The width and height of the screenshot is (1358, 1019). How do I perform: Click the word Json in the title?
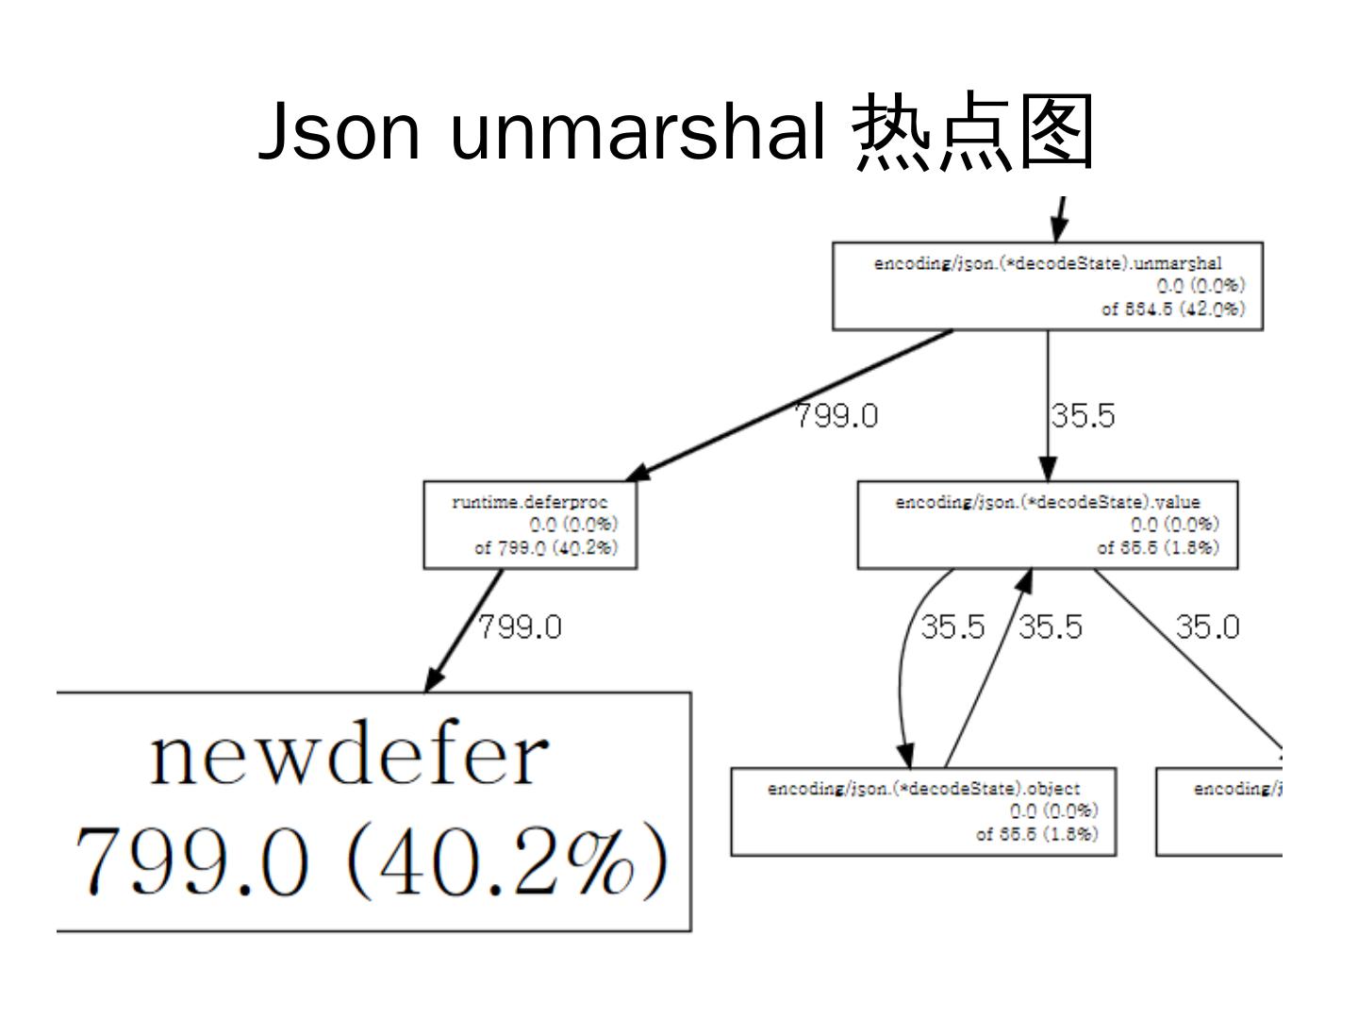click(x=339, y=132)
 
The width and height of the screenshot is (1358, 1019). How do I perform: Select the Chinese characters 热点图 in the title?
click(x=973, y=132)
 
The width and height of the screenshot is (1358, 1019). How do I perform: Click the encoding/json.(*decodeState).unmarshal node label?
click(x=1047, y=263)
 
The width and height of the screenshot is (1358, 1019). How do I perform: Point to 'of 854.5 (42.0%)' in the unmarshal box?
click(x=1173, y=309)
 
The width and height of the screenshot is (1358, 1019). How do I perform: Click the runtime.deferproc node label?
click(x=529, y=502)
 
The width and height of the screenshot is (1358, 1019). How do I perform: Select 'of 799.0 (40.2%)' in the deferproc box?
click(x=546, y=548)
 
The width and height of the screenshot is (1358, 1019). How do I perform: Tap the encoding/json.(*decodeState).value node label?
click(x=1047, y=502)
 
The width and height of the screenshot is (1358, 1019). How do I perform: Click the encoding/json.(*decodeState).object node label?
click(x=923, y=789)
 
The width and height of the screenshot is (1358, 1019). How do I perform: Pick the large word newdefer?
click(x=349, y=757)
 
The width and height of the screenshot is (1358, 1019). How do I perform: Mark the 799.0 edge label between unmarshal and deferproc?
click(x=836, y=416)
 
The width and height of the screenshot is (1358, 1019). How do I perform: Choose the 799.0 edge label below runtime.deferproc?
click(x=520, y=627)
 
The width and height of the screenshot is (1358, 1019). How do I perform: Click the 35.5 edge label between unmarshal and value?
click(x=1083, y=416)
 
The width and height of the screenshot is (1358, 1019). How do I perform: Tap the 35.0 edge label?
click(x=1207, y=627)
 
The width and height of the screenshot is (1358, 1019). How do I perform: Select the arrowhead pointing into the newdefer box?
click(x=433, y=679)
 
